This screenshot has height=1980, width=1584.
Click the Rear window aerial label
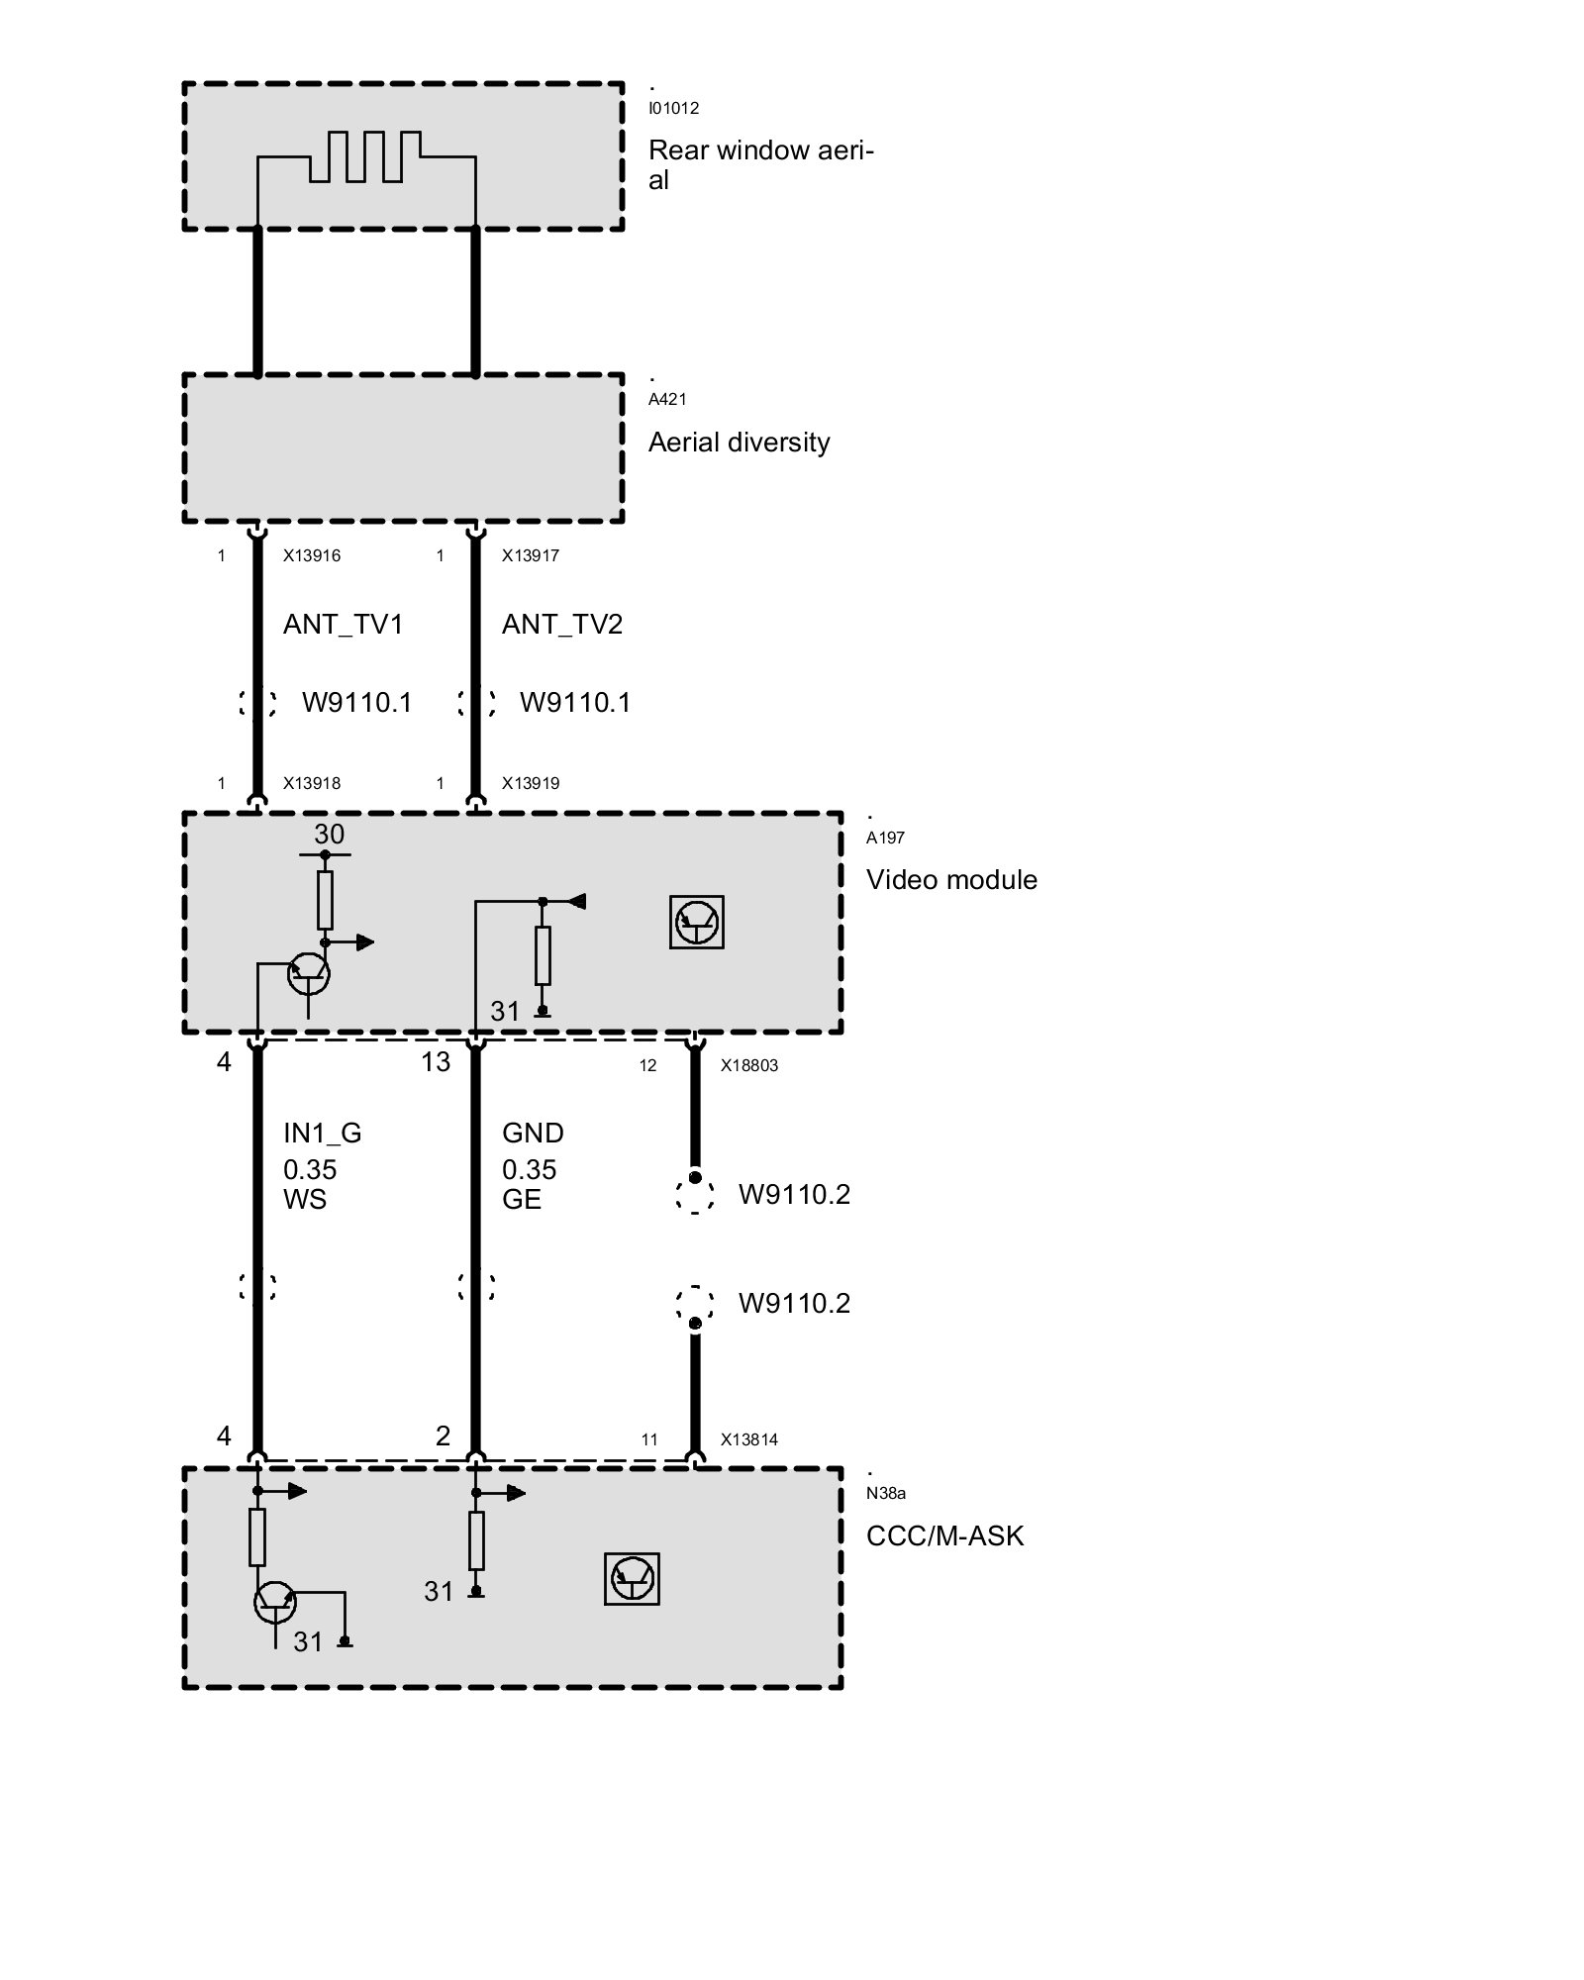click(x=760, y=164)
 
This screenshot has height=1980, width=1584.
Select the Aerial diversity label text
click(x=739, y=443)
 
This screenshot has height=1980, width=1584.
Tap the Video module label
click(x=951, y=880)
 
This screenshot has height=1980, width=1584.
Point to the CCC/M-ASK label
click(x=944, y=1535)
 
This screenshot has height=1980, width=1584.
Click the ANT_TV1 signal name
click(x=343, y=625)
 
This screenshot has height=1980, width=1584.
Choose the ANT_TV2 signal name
click(x=561, y=625)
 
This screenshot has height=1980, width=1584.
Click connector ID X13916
click(x=312, y=555)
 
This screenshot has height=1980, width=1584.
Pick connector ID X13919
click(x=531, y=783)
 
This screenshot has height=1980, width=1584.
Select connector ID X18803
click(x=749, y=1066)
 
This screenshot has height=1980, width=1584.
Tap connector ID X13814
click(x=749, y=1439)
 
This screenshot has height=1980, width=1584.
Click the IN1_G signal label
click(x=323, y=1134)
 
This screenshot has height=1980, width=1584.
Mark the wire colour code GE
click(x=522, y=1200)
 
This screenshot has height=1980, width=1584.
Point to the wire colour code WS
click(x=305, y=1200)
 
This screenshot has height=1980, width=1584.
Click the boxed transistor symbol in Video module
click(x=697, y=923)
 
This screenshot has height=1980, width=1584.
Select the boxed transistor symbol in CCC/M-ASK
click(x=632, y=1578)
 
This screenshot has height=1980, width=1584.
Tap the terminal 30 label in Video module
click(x=329, y=835)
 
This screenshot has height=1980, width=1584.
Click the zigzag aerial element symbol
click(x=366, y=156)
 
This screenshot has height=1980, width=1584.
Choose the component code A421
click(x=667, y=399)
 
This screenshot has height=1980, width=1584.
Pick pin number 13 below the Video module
click(x=436, y=1062)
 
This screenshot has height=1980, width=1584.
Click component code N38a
click(x=886, y=1494)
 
